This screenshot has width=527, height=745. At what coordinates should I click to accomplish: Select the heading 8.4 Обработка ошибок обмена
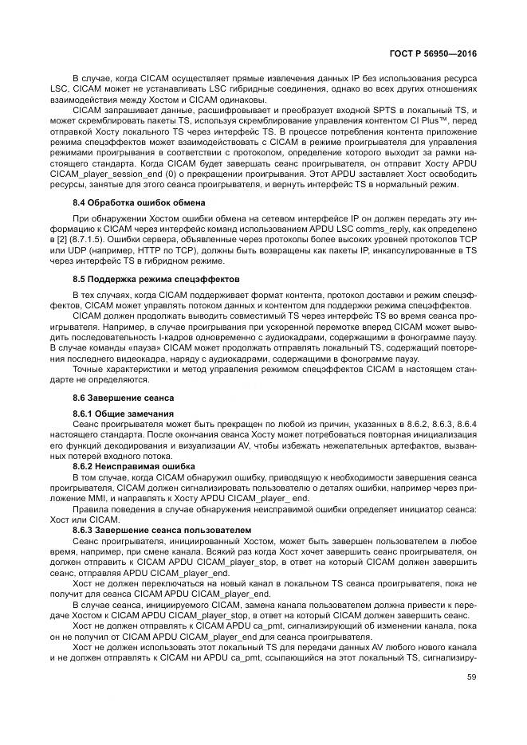coord(139,202)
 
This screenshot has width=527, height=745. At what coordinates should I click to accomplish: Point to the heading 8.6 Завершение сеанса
coord(123,396)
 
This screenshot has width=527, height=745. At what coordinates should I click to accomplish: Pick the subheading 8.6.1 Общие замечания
coord(123,413)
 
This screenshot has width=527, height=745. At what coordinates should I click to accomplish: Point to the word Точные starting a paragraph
coord(89,370)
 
